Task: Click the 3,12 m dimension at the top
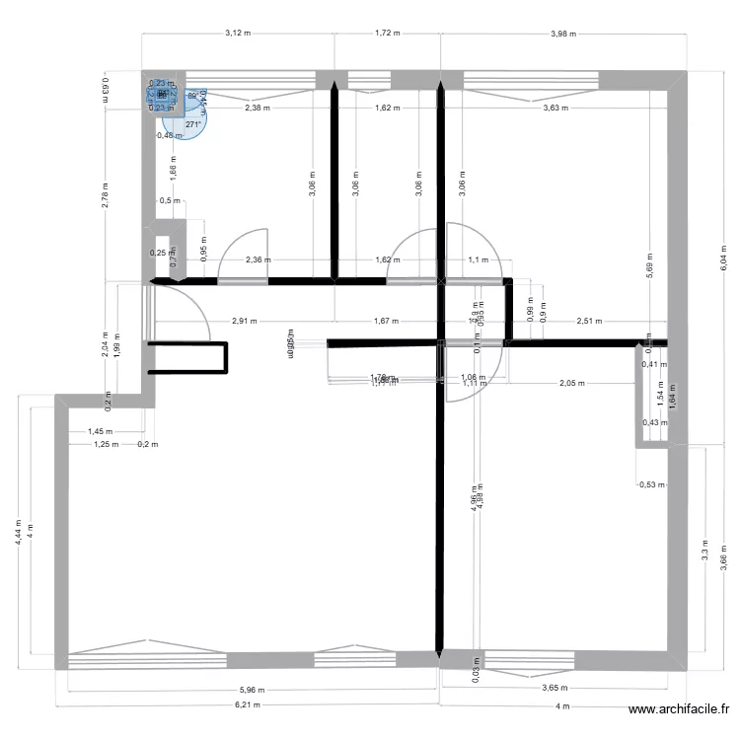(x=238, y=33)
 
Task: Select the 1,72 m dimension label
(x=388, y=33)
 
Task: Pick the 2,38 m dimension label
(x=258, y=108)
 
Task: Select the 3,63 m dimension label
(x=555, y=108)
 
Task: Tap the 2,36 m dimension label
(x=255, y=260)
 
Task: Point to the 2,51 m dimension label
(x=588, y=321)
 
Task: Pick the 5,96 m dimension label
(x=252, y=691)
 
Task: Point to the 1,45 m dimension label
(x=100, y=431)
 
